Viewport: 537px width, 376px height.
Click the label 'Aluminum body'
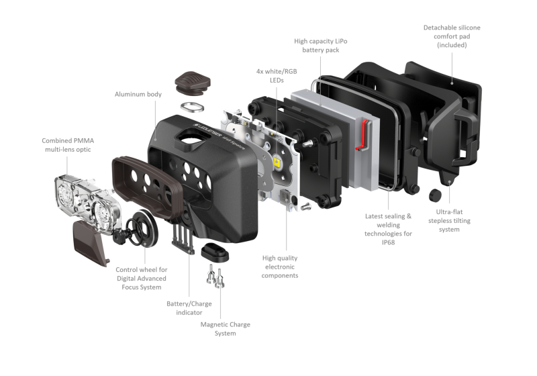137,95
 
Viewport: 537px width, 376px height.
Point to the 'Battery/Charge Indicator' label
189,307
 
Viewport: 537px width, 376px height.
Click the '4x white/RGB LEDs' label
274,72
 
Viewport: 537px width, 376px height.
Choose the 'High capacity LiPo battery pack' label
320,46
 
